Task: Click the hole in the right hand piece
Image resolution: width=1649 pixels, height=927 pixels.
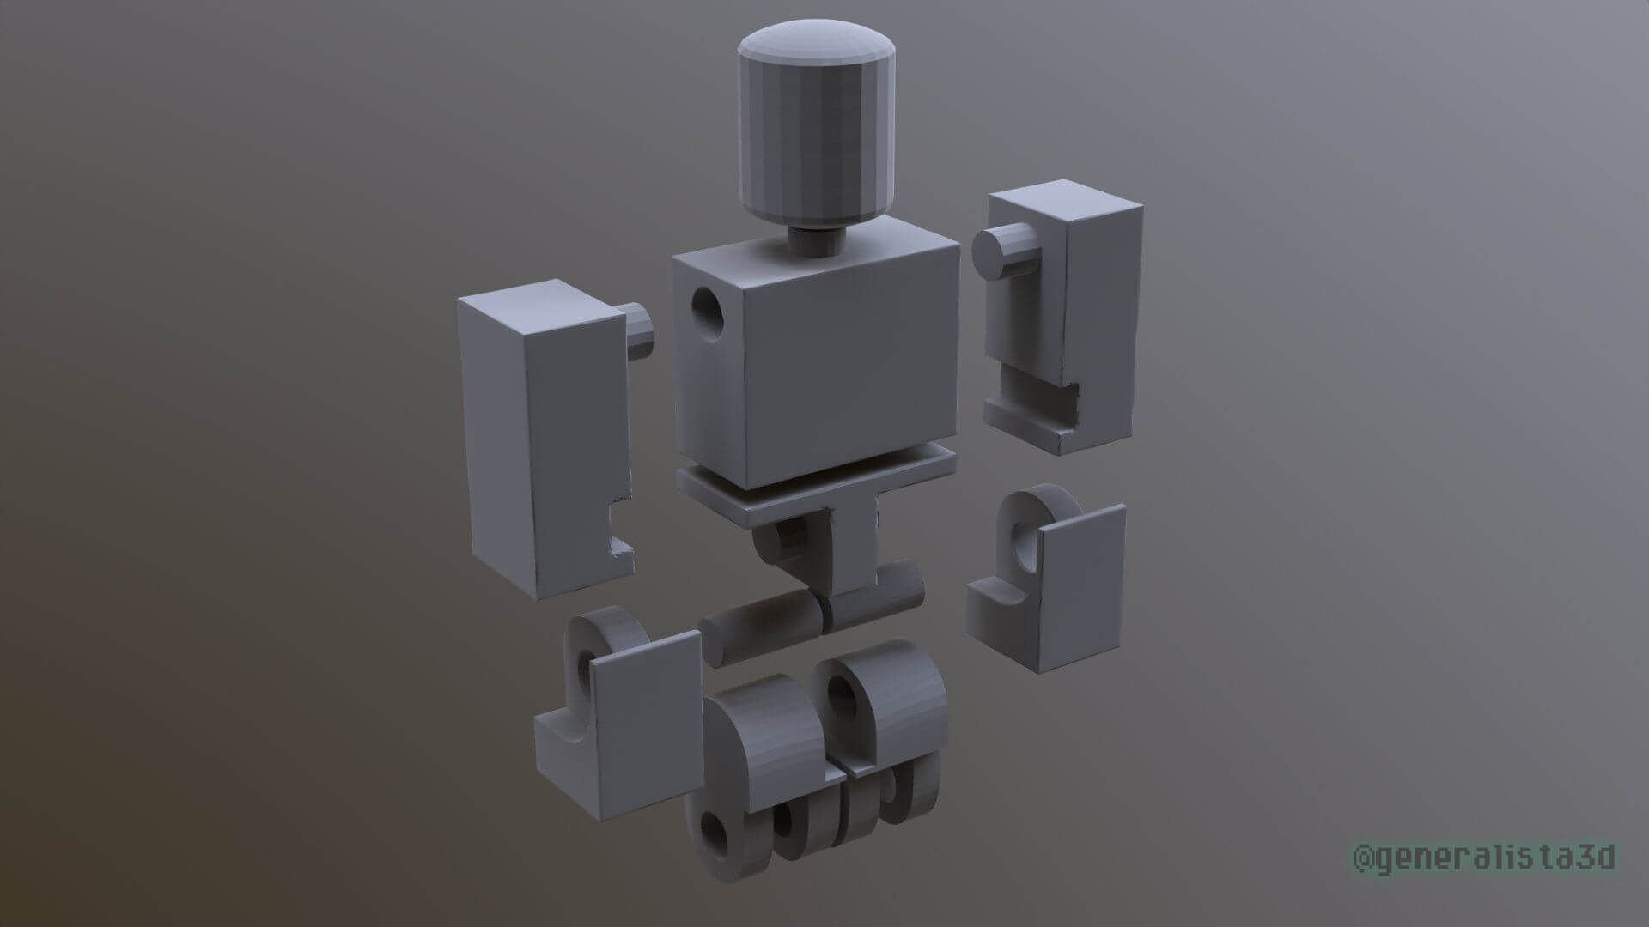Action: click(x=1026, y=541)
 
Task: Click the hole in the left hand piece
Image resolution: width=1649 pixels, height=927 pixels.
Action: click(x=587, y=674)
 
